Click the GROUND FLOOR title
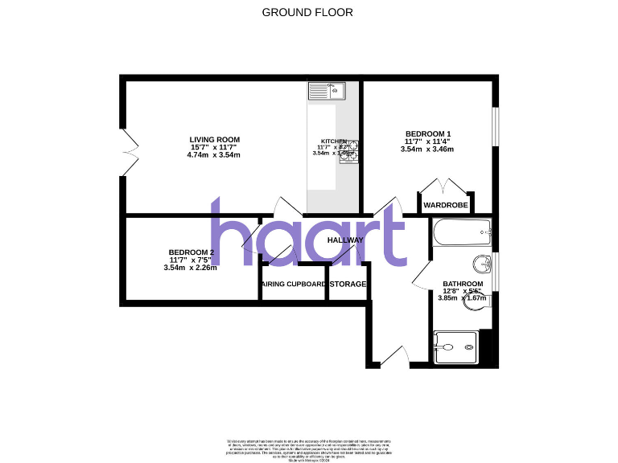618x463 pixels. point(307,12)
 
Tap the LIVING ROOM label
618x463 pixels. point(215,140)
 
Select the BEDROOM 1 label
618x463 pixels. point(427,133)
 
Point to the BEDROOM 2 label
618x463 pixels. point(192,252)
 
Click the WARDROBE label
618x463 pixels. point(446,205)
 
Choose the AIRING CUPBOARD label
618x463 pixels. point(294,285)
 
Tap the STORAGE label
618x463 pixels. point(348,285)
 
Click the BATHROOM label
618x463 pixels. point(463,284)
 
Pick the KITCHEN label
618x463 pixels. point(332,141)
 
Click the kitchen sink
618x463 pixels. point(328,90)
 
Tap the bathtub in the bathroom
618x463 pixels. point(461,233)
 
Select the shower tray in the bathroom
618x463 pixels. point(459,346)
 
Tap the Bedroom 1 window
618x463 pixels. point(495,127)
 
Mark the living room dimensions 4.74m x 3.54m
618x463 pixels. point(215,154)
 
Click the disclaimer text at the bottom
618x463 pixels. point(309,448)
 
